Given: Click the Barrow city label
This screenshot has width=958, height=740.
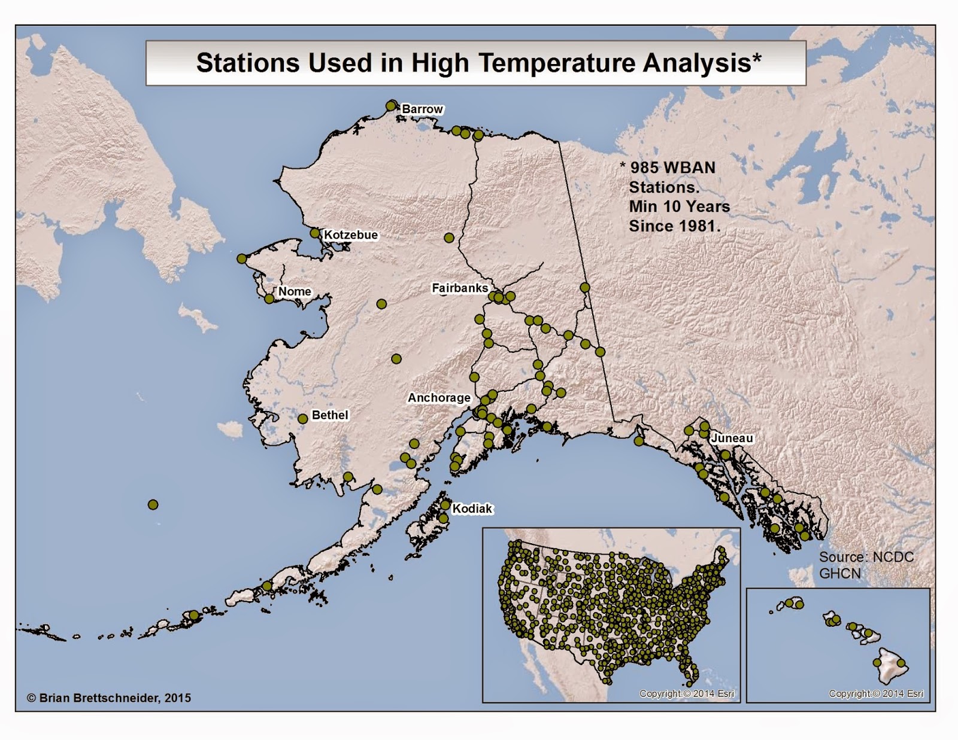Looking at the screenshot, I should (422, 109).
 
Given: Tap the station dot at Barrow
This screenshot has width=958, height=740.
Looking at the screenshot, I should (392, 105).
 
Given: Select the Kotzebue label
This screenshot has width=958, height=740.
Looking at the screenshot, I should (350, 235).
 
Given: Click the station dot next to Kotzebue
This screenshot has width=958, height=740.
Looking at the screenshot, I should (315, 233).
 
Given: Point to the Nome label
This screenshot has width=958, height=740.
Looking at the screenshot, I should (295, 291).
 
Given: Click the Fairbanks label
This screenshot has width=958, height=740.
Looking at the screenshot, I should (460, 288).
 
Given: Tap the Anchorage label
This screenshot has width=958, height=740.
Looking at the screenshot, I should (439, 398).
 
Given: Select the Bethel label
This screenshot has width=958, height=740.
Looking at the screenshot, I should (329, 415).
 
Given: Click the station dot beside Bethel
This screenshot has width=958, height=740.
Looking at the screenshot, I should (303, 419).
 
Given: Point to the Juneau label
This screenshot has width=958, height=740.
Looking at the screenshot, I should (732, 438).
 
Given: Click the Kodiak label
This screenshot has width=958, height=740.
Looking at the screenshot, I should (472, 508).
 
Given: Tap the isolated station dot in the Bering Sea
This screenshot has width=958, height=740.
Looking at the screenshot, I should (153, 505).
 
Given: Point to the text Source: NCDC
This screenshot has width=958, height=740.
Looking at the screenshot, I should (866, 557).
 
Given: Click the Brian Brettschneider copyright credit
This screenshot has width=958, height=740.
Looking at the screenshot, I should (109, 698).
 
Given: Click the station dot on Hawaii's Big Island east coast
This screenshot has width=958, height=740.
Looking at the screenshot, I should (902, 663).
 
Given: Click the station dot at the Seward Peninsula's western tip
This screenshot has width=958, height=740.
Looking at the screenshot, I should (241, 258).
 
